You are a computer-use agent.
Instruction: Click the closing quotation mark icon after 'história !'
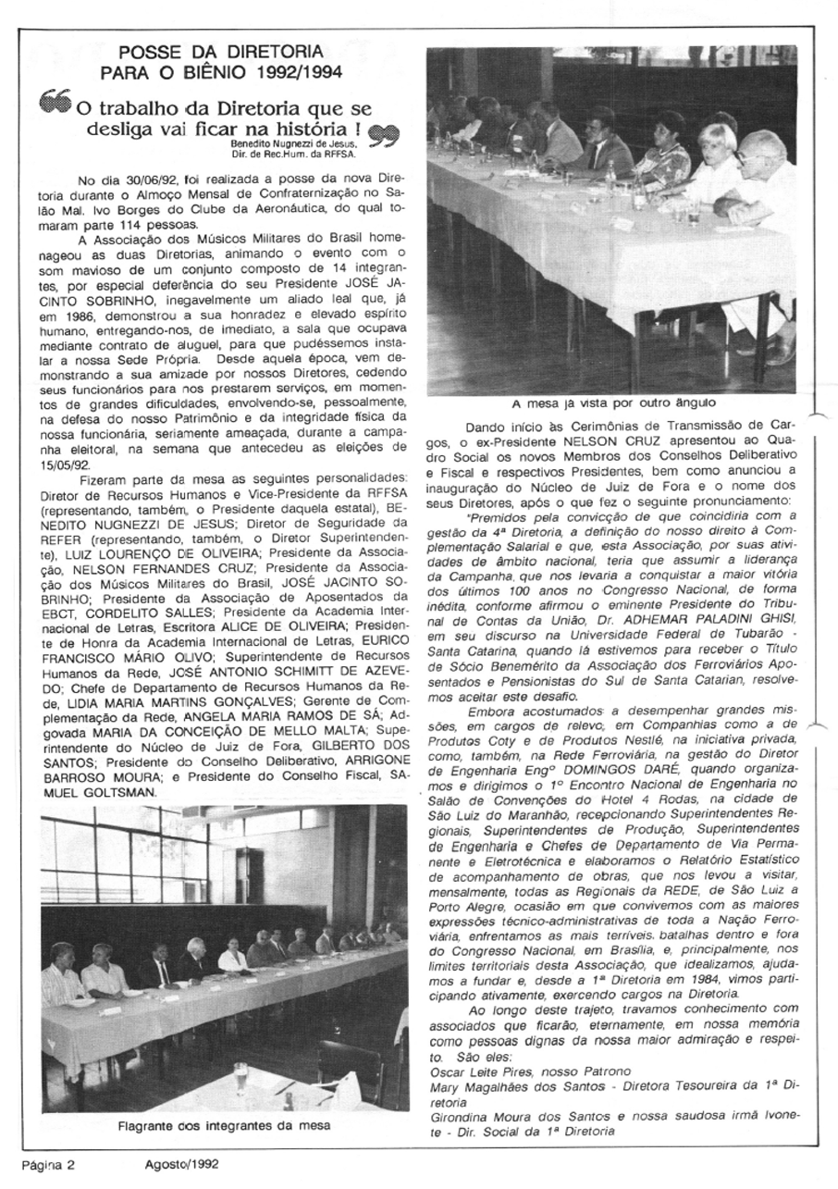coord(380,136)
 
